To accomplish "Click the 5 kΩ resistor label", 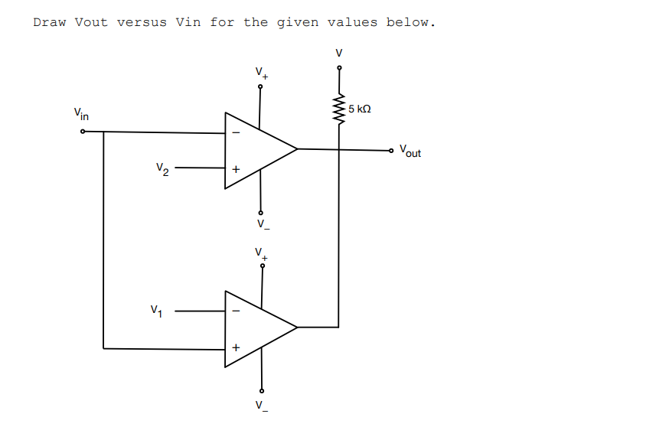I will pyautogui.click(x=359, y=109).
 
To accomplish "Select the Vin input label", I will pyautogui.click(x=81, y=115).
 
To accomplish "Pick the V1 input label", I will pyautogui.click(x=157, y=311).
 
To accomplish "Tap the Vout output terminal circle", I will pyautogui.click(x=393, y=149).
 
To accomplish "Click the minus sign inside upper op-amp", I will pyautogui.click(x=236, y=132).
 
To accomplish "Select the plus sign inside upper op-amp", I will pyautogui.click(x=236, y=168).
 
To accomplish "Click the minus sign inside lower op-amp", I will pyautogui.click(x=236, y=311).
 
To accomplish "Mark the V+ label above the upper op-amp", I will pyautogui.click(x=262, y=74).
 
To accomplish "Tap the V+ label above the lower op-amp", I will pyautogui.click(x=262, y=253).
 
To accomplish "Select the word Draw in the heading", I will pyautogui.click(x=50, y=22).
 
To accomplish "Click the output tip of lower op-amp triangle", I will pyautogui.click(x=297, y=327).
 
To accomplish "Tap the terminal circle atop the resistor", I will pyautogui.click(x=339, y=68).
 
